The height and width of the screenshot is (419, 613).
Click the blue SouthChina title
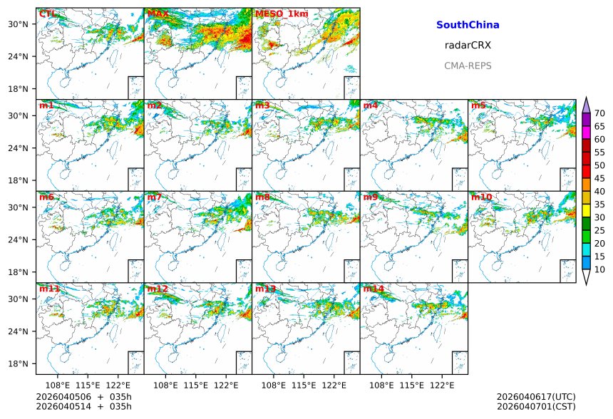(468, 25)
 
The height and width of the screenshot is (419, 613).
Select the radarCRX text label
(468, 45)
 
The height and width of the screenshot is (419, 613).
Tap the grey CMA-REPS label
(468, 66)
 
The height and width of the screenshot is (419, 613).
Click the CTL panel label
(48, 14)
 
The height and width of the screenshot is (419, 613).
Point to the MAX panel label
(158, 14)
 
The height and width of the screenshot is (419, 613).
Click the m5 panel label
(478, 105)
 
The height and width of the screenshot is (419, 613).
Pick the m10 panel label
(481, 197)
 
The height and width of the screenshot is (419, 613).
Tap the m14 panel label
(373, 289)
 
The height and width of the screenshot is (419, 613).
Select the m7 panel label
(155, 197)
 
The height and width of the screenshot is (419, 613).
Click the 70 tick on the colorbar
(599, 113)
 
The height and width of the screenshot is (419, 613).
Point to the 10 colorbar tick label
(599, 269)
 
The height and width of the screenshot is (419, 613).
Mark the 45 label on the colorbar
(599, 178)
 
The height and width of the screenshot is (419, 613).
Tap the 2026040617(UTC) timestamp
(535, 396)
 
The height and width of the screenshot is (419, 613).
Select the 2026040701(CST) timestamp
(535, 406)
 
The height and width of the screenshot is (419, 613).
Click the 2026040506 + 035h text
(83, 396)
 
